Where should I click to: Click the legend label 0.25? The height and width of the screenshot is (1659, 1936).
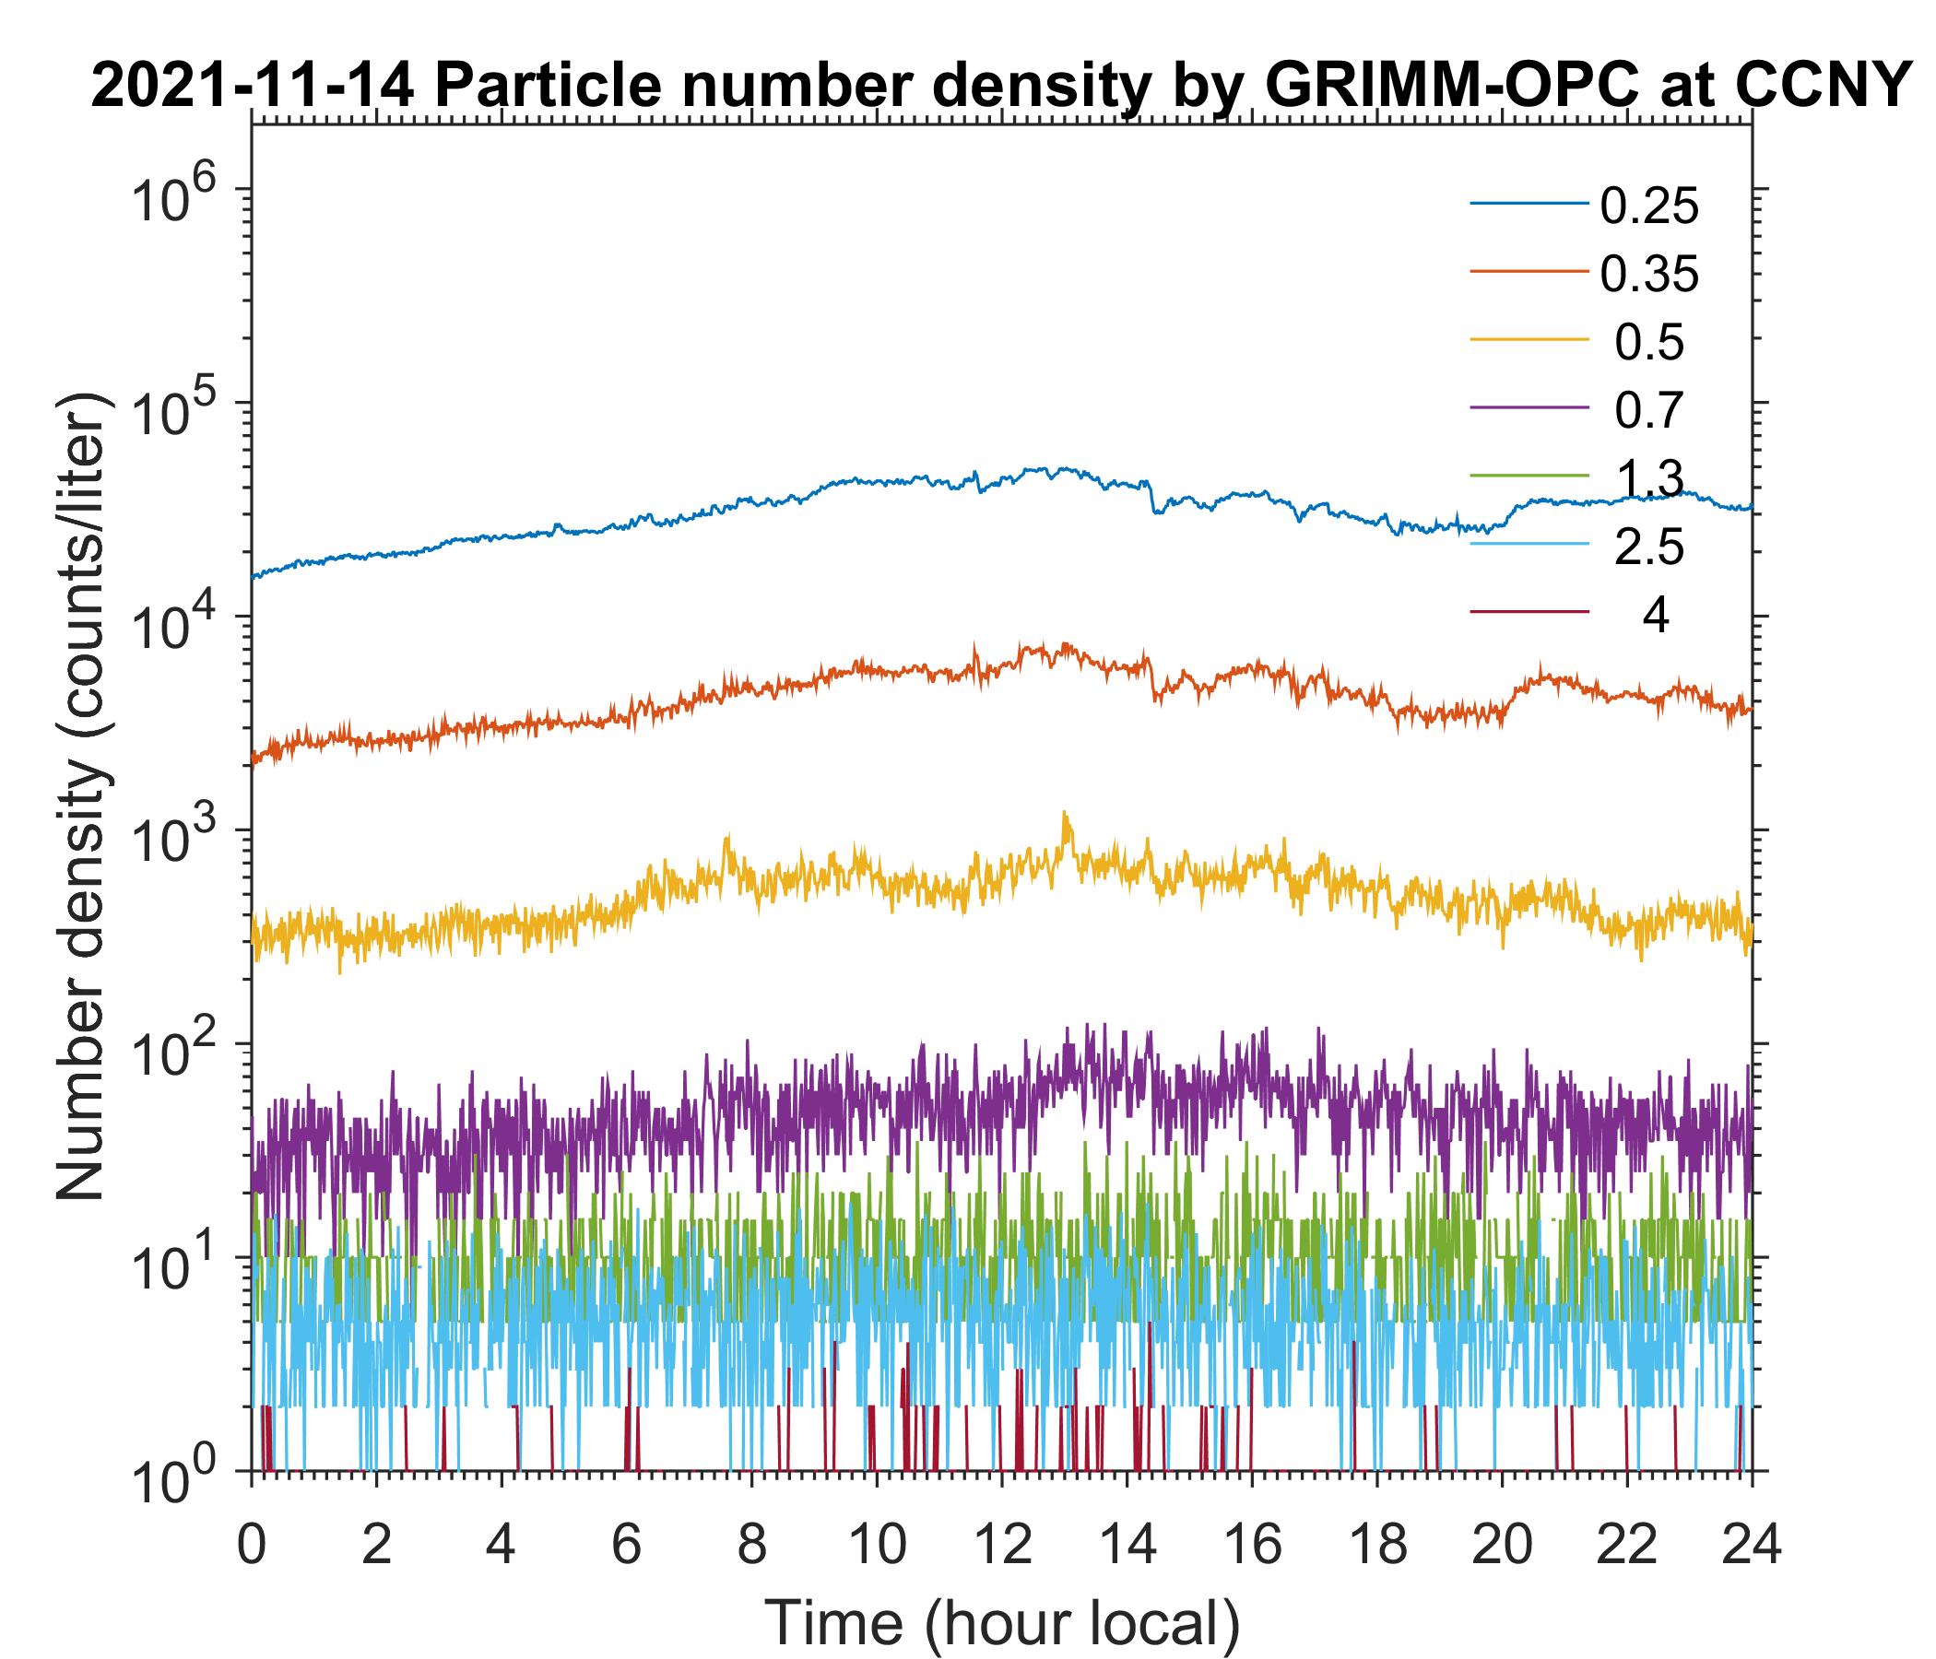click(1648, 206)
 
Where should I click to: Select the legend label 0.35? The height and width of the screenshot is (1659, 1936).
click(1648, 275)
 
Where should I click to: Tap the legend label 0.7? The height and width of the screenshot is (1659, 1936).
click(1648, 411)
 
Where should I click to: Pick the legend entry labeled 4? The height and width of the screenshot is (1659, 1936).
click(1655, 617)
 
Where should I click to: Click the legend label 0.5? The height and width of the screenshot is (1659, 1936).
click(1648, 343)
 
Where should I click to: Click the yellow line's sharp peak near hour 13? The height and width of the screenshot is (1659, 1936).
click(1064, 815)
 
